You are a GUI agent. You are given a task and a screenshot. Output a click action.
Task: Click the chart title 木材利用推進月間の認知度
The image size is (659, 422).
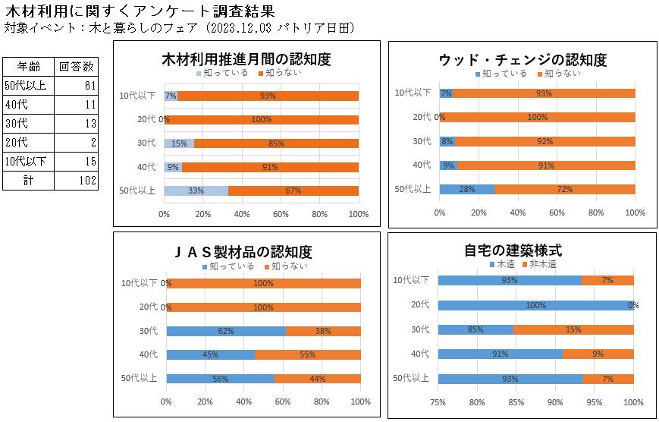point(246,60)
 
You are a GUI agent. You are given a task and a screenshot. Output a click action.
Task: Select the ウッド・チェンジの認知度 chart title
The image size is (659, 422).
point(522,60)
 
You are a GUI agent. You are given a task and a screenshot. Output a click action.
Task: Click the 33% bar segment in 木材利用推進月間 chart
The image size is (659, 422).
point(196,191)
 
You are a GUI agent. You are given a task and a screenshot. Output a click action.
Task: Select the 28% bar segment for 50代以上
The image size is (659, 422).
point(466,189)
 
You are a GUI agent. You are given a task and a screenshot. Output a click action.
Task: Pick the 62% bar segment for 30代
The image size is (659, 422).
point(226,331)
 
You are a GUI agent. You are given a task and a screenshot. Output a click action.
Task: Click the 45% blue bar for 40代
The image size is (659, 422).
point(210,354)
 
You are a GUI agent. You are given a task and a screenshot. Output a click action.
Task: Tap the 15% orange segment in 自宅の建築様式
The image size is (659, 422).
point(573,329)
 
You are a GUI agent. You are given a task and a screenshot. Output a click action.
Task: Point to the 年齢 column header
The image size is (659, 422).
point(30,66)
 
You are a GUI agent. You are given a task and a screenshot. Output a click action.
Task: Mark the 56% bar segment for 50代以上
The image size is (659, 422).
point(220,379)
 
